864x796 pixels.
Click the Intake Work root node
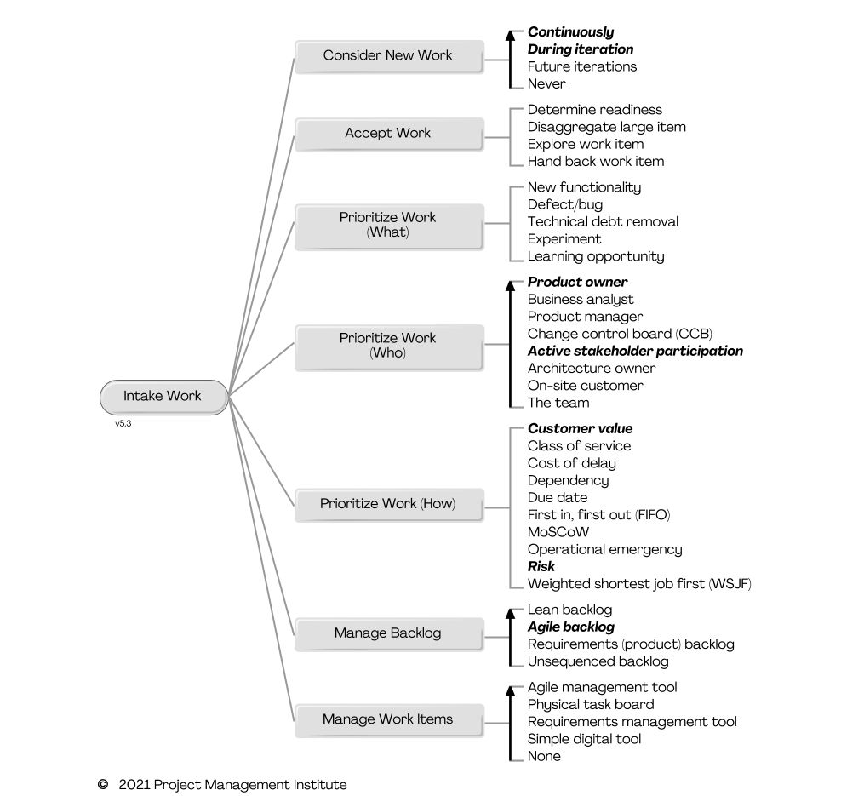click(x=163, y=397)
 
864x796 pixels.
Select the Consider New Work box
click(x=388, y=56)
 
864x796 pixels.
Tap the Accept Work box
click(x=388, y=134)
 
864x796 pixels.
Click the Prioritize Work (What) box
click(x=388, y=225)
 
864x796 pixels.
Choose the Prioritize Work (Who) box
click(x=388, y=346)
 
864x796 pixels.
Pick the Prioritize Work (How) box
click(x=388, y=504)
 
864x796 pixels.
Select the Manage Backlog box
click(x=388, y=633)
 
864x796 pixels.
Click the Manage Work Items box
click(x=388, y=719)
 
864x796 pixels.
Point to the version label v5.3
click(x=123, y=423)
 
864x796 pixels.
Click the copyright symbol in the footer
click(x=103, y=784)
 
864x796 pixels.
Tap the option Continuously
click(x=570, y=32)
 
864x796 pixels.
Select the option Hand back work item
click(x=595, y=161)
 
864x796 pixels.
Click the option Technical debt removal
click(x=603, y=221)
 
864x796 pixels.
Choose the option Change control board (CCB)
click(x=620, y=334)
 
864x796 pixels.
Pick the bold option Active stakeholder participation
click(x=635, y=351)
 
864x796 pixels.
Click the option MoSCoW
click(x=558, y=532)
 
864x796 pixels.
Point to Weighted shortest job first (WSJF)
click(x=639, y=584)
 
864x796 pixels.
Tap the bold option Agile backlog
click(x=570, y=627)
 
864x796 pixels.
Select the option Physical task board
click(x=591, y=705)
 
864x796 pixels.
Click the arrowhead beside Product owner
click(x=511, y=284)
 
